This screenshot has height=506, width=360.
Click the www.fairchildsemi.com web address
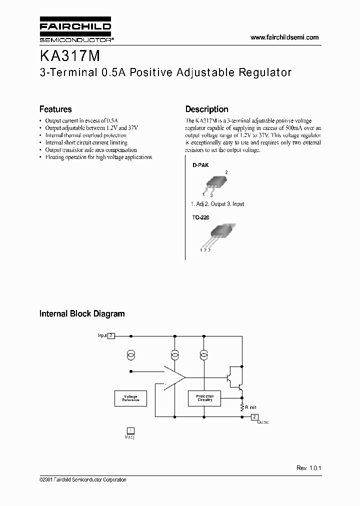coord(284,37)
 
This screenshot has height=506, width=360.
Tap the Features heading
coord(55,109)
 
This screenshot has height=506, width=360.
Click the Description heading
coord(206,109)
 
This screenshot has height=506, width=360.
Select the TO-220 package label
coord(200,218)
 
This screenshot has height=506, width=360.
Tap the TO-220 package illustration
coord(215,234)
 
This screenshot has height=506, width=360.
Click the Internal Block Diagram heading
coord(82,314)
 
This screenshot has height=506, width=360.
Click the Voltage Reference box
coord(130,398)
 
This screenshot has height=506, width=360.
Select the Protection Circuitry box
coord(204,398)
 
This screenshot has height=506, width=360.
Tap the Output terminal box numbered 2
coord(254,416)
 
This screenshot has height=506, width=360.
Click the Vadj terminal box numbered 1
coord(130,430)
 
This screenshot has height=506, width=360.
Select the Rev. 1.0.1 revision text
coord(308,468)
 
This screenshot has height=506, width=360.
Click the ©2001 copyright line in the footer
coord(83,479)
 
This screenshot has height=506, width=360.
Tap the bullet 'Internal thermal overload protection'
coord(85,135)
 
